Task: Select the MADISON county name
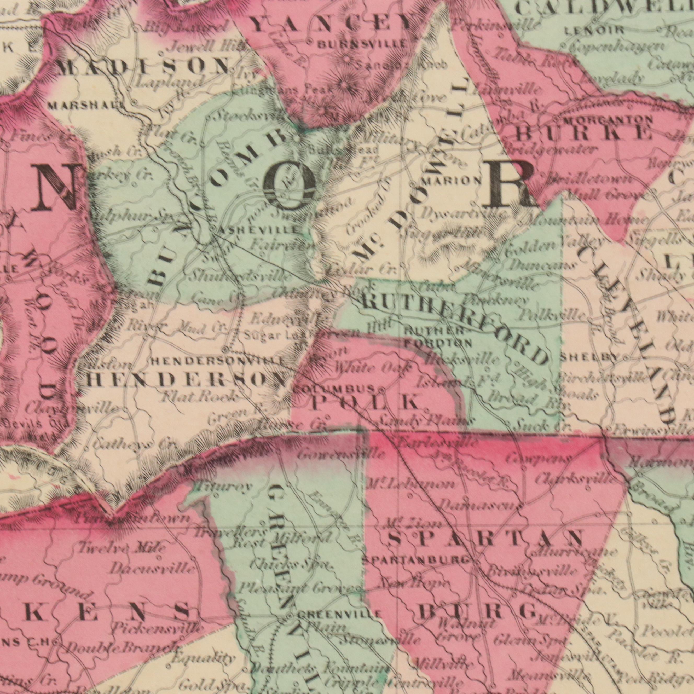143,68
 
